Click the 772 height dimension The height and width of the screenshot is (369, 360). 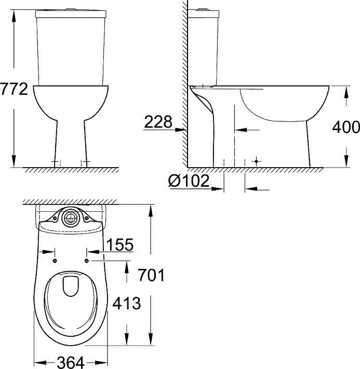pos(14,89)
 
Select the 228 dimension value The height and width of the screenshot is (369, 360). pos(158,122)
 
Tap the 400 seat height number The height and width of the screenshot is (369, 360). pos(345,127)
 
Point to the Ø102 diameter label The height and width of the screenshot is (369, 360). pos(189,181)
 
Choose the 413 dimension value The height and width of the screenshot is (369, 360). pos(127,303)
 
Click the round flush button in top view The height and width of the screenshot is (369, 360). pos(69,218)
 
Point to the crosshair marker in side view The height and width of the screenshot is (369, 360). pos(255,162)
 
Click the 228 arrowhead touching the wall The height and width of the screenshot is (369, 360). pos(184,129)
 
